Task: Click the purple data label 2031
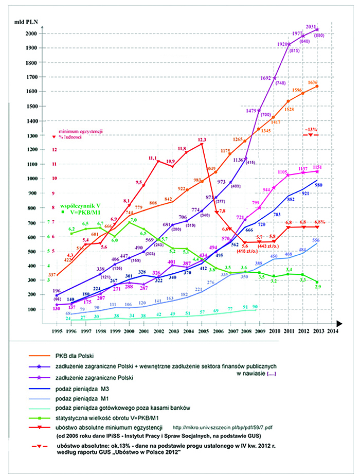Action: (x=311, y=26)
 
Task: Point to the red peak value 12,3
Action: (x=202, y=139)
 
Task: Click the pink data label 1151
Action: (x=317, y=167)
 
